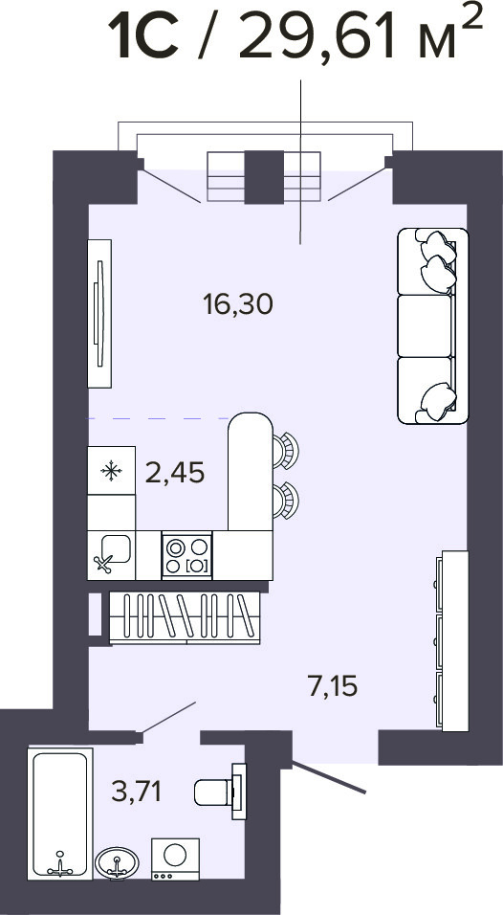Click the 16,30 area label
click(x=238, y=304)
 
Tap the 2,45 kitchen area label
click(x=175, y=473)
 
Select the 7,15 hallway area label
click(x=332, y=685)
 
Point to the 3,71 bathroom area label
click(x=137, y=792)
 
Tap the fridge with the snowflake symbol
click(x=111, y=470)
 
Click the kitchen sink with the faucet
click(x=111, y=555)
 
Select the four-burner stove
click(x=187, y=555)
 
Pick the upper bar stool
click(x=286, y=450)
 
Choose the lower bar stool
click(x=286, y=501)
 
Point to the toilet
click(x=219, y=792)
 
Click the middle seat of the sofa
click(x=426, y=325)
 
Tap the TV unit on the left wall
click(x=99, y=313)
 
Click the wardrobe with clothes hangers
click(x=185, y=618)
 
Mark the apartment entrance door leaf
click(x=329, y=777)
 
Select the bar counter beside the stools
click(x=250, y=472)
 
